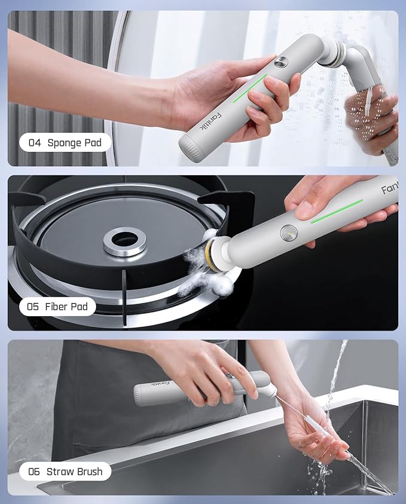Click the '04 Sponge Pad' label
[x=65, y=142]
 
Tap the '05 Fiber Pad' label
[x=57, y=307]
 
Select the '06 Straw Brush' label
[x=65, y=472]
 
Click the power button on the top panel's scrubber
[x=280, y=62]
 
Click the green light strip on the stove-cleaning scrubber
[x=337, y=211]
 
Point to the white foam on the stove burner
[x=200, y=269]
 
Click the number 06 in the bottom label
[x=33, y=472]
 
